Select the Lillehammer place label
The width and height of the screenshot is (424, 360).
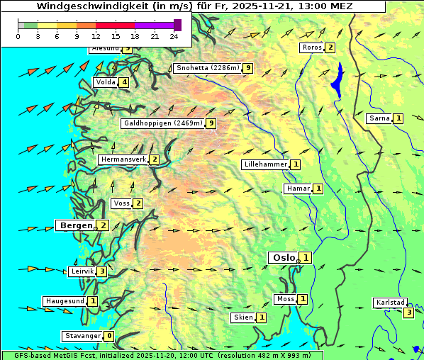coord(265,164)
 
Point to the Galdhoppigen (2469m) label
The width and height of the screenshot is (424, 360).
coord(162,123)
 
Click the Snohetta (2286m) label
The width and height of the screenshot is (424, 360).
coord(206,68)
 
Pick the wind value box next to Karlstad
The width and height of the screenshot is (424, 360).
coord(408,313)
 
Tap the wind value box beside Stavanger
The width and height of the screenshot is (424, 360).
coord(108,336)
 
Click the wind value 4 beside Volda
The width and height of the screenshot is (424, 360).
coord(125,82)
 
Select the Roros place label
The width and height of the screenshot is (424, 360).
coord(311,47)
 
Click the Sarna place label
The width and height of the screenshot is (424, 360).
coord(379,118)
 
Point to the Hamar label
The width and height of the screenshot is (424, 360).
coord(297,189)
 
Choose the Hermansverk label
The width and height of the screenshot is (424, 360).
coord(123,159)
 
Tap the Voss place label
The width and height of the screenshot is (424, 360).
coord(121,203)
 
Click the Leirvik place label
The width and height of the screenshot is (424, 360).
coord(81,271)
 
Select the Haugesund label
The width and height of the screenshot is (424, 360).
coord(64,301)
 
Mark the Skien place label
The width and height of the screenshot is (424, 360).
coord(242,317)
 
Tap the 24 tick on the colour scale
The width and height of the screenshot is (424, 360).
coord(174,35)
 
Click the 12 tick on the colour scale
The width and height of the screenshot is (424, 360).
coord(96,35)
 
